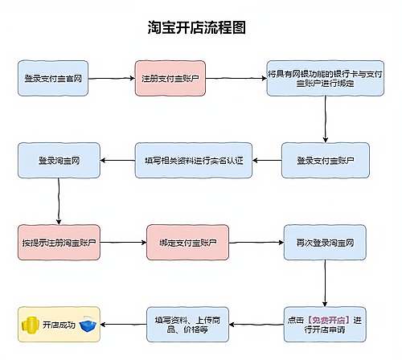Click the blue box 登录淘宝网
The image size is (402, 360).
click(59, 160)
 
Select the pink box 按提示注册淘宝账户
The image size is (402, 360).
click(59, 242)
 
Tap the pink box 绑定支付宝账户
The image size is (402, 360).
click(188, 242)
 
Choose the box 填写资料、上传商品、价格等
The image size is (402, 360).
click(188, 324)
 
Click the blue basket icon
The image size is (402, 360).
click(88, 325)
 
